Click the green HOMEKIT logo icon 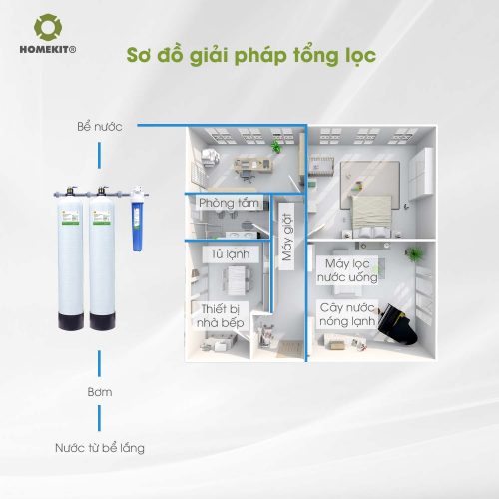[x=48, y=27]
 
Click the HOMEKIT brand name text [x=48, y=50]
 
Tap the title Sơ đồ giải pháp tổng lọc [x=251, y=56]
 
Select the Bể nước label [x=100, y=127]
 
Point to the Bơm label [x=100, y=392]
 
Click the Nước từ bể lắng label [x=100, y=448]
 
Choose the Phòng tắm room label [x=229, y=203]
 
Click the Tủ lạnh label [x=231, y=254]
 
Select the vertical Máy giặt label [x=287, y=237]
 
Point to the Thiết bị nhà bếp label [x=221, y=316]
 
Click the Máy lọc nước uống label [x=347, y=270]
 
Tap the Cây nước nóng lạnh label [x=347, y=314]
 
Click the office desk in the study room [x=253, y=166]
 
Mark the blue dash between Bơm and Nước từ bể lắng [x=99, y=418]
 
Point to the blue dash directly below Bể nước [x=99, y=155]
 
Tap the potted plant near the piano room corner [x=413, y=254]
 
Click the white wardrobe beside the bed [x=421, y=174]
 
